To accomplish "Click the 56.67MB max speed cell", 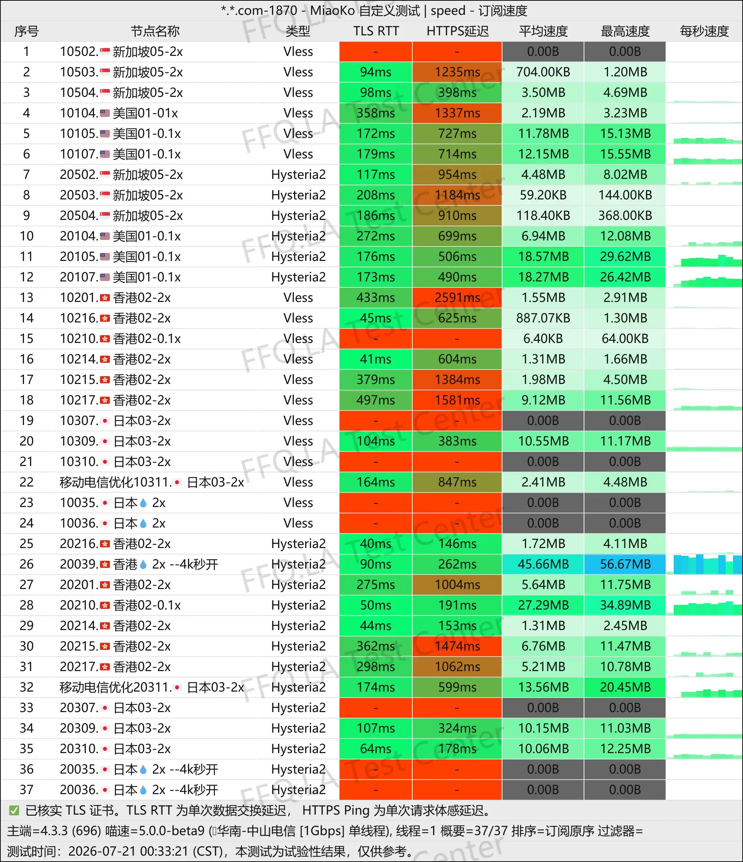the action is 625,564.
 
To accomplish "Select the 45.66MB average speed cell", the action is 543,564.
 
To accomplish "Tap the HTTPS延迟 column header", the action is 458,31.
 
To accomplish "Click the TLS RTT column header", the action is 376,31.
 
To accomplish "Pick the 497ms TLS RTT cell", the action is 376,400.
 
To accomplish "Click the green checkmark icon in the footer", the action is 14,810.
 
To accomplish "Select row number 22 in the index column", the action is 26,482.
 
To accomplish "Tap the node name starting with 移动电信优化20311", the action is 152,687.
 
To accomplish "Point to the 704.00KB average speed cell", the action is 543,72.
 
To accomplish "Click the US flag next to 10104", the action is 105,113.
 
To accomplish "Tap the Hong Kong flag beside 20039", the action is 105,565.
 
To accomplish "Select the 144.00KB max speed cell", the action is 625,195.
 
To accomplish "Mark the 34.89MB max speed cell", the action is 625,605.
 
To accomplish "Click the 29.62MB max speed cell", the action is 625,257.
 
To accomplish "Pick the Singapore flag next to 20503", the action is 105,195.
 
